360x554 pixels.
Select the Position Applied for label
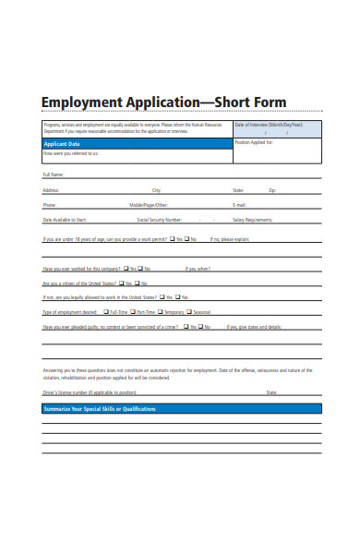[255, 143]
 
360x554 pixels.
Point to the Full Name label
[53, 174]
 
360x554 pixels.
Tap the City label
[156, 189]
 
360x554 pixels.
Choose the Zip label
[272, 189]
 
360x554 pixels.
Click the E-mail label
[239, 205]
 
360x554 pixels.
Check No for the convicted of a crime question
[208, 327]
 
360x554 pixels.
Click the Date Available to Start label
[65, 221]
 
